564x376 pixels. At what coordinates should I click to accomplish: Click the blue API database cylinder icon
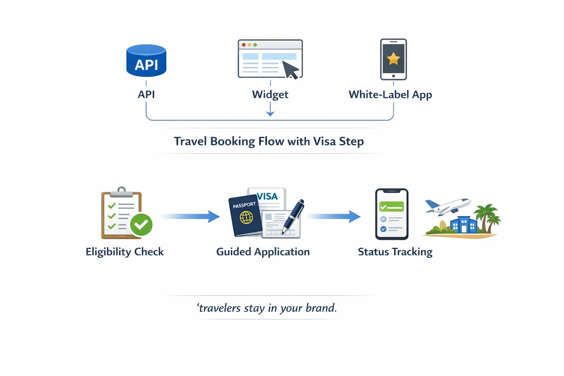[x=146, y=61]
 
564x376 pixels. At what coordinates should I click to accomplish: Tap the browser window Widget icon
[x=270, y=59]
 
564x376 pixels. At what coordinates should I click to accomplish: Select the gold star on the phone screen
[x=393, y=58]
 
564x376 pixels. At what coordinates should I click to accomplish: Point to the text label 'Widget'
[x=270, y=94]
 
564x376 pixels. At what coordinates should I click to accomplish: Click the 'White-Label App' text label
[x=390, y=94]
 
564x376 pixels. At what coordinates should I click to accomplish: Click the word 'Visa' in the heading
[x=324, y=141]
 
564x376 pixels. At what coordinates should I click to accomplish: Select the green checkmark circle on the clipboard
[x=141, y=224]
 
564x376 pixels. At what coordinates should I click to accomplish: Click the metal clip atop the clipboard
[x=122, y=192]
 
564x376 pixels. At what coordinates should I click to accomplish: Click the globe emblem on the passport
[x=246, y=218]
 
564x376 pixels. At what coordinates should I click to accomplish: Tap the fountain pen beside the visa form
[x=293, y=216]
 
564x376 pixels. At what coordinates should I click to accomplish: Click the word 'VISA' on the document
[x=267, y=196]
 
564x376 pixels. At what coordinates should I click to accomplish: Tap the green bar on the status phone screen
[x=391, y=207]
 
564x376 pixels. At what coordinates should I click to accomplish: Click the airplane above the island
[x=448, y=206]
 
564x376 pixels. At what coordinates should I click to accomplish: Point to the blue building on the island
[x=463, y=225]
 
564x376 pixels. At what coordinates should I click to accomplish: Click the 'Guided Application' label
[x=263, y=252]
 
